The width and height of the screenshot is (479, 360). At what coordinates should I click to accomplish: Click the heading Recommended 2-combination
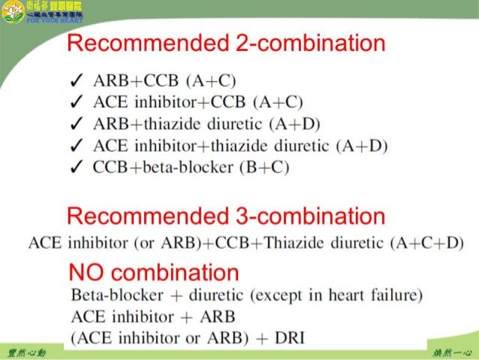click(226, 44)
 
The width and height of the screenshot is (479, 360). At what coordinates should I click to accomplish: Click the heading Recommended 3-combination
click(226, 218)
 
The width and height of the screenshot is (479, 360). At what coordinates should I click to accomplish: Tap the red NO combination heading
click(153, 271)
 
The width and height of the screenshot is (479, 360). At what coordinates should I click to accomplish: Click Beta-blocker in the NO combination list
click(109, 293)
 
